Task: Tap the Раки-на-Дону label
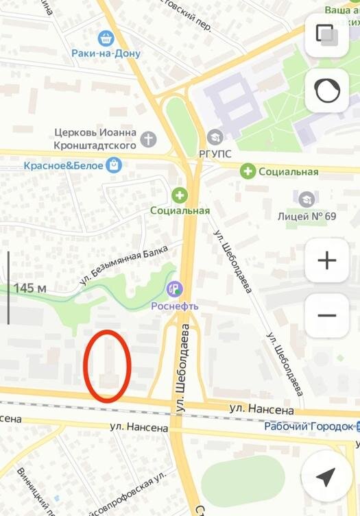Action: (106, 53)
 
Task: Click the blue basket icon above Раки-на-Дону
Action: (105, 37)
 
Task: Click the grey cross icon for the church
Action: (148, 140)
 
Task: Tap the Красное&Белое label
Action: (62, 165)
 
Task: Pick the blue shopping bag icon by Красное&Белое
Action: (114, 164)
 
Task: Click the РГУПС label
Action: (215, 153)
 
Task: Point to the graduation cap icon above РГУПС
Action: (215, 137)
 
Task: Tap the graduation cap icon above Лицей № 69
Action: (307, 199)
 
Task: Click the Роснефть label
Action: (175, 306)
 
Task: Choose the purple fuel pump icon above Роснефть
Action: (176, 289)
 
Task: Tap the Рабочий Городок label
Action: (308, 426)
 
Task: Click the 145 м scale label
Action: (29, 288)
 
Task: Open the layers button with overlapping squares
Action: (326, 35)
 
